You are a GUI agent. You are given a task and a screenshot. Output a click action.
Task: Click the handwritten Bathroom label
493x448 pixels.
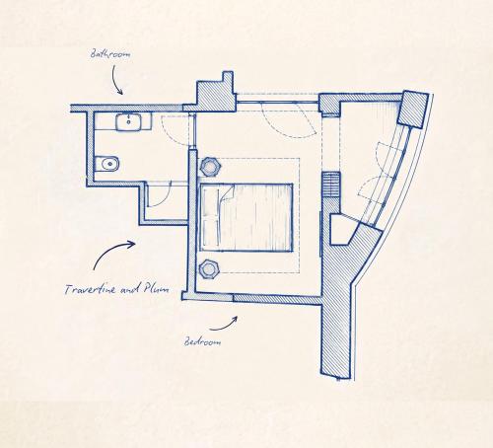pyautogui.click(x=110, y=54)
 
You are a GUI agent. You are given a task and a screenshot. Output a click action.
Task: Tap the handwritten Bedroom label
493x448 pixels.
pyautogui.click(x=202, y=341)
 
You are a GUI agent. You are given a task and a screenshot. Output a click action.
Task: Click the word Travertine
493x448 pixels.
pyautogui.click(x=91, y=289)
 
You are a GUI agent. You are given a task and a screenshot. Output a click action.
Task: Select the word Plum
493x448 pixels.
pyautogui.click(x=156, y=288)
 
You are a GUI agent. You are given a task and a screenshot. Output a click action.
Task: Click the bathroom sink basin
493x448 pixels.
pyautogui.click(x=128, y=122)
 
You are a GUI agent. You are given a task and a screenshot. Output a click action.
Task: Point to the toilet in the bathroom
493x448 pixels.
pyautogui.click(x=107, y=164)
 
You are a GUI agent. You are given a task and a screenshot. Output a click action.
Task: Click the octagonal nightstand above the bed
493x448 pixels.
pyautogui.click(x=210, y=167)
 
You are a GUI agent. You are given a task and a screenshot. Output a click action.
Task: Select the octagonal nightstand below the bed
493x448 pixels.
pyautogui.click(x=209, y=269)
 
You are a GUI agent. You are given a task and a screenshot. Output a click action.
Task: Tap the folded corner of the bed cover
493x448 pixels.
pyautogui.click(x=227, y=194)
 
